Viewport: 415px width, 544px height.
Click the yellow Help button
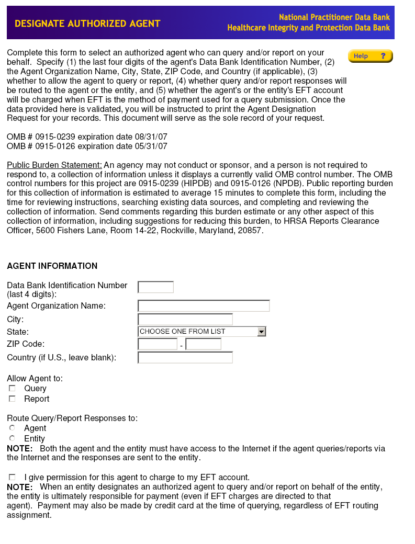click(x=370, y=56)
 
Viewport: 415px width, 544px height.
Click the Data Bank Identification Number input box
click(x=155, y=287)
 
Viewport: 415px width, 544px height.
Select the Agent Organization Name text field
click(x=204, y=306)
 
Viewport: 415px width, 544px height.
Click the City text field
click(x=185, y=319)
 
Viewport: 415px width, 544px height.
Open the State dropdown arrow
click(x=262, y=332)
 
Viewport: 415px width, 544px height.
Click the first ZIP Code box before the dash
click(x=158, y=344)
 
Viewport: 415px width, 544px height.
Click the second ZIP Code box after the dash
click(x=203, y=344)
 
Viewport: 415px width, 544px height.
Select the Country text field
click(x=185, y=358)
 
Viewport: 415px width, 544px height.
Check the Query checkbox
click(x=12, y=389)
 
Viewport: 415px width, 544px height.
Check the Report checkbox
click(x=12, y=399)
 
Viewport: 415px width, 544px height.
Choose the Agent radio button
click(x=12, y=428)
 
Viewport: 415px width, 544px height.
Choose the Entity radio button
click(x=12, y=438)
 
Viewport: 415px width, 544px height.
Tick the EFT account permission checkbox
click(x=12, y=477)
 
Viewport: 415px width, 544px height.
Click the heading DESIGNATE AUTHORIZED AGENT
click(x=87, y=24)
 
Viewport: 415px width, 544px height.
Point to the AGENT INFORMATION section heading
click(x=52, y=266)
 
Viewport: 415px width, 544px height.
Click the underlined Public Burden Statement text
click(x=54, y=165)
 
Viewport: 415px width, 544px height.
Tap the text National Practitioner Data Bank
click(x=334, y=18)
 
